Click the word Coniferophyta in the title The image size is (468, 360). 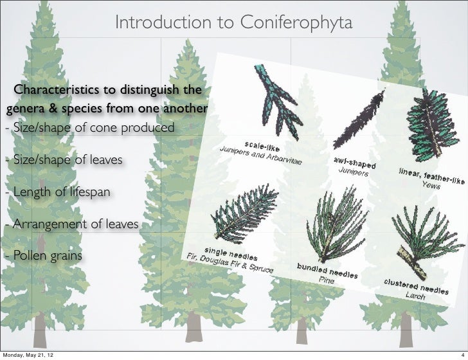tap(296, 24)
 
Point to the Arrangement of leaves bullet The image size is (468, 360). tap(70, 224)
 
